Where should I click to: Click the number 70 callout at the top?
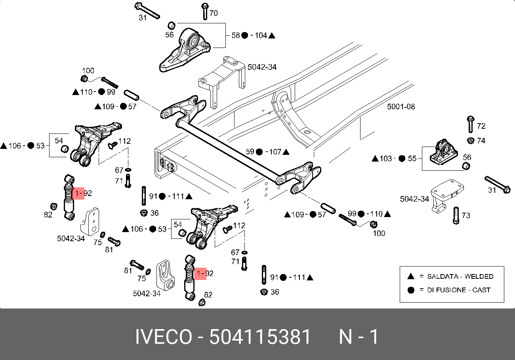[214, 13]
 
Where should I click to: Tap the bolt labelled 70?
[205, 11]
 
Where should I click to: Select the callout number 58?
[236, 35]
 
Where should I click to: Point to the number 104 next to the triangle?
[261, 35]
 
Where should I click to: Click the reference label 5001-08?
[401, 107]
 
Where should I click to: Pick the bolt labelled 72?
[471, 124]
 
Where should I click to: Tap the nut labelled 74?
[471, 141]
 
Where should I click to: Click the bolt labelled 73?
[456, 215]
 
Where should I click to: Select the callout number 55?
[412, 158]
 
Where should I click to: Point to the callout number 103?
[385, 158]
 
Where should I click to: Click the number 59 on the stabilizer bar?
[250, 152]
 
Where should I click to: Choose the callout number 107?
[275, 152]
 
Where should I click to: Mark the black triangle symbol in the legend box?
[411, 276]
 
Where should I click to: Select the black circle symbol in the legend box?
[411, 290]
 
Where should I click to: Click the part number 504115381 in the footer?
[260, 337]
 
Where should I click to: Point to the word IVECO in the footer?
[164, 337]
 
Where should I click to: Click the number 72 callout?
[481, 126]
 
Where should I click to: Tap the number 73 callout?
[466, 215]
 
